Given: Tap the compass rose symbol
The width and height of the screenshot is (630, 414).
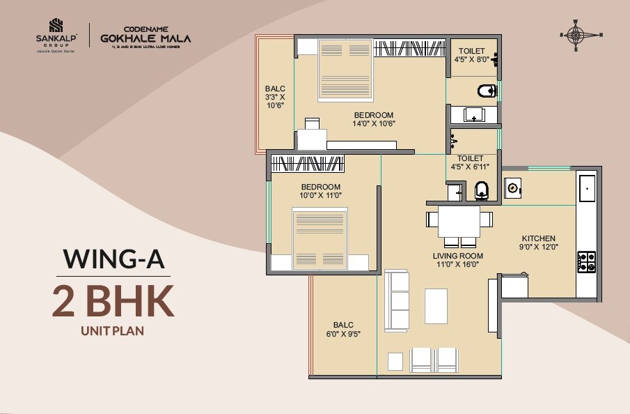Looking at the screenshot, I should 581,36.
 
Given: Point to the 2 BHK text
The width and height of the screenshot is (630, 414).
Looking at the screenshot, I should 113,301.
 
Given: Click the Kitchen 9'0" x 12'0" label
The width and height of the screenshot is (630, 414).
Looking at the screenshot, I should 537,243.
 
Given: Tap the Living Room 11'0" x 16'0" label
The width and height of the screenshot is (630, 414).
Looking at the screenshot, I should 457,260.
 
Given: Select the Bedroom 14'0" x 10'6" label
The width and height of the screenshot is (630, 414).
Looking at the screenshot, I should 373,119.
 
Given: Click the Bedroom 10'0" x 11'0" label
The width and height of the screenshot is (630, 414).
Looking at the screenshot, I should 320,191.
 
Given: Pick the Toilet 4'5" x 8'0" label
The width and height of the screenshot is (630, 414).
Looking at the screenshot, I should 472,55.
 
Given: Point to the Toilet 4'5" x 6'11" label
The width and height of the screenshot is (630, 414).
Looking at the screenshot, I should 472,162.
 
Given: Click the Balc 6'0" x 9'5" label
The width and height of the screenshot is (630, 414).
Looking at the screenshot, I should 343,329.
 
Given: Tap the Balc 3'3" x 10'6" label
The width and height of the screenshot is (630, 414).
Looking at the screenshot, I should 275,97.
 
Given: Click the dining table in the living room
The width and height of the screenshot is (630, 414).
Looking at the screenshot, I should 459,222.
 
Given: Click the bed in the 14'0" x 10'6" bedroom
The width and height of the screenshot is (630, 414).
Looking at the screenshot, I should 346,70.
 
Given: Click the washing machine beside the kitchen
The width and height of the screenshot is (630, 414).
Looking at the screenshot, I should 513,187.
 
